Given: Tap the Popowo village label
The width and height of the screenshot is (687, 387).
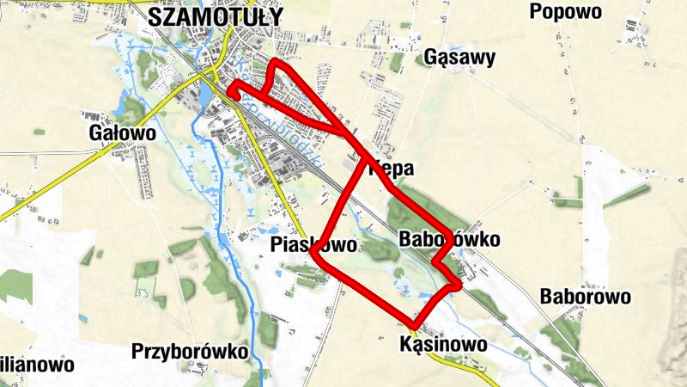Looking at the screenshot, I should [566, 11].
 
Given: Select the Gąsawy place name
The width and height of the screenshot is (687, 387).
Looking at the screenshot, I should [460, 58].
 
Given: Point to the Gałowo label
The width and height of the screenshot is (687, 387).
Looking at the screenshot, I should [123, 133].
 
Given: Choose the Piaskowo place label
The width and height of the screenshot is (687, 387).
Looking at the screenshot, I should [313, 245].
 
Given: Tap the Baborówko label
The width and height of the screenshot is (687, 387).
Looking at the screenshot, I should [449, 240].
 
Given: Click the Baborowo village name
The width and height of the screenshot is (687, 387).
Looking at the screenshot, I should [587, 297].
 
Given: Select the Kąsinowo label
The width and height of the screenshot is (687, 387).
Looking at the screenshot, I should [444, 344].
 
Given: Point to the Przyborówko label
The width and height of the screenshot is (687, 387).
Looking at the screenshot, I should [190, 352].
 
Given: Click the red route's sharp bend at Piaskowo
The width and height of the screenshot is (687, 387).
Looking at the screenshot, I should [314, 255].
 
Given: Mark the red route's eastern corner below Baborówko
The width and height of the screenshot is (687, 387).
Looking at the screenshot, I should [459, 283].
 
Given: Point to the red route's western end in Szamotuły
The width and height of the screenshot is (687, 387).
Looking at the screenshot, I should [231, 87].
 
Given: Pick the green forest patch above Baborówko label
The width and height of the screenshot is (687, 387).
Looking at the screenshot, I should [412, 211].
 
